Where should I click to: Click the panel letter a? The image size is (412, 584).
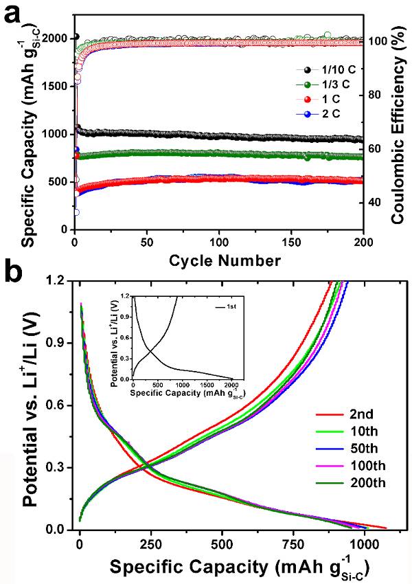click(15, 14)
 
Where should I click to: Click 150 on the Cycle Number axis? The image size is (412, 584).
click(291, 242)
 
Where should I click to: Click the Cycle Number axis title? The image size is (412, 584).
click(218, 260)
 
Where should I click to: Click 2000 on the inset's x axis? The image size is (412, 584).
click(231, 385)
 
